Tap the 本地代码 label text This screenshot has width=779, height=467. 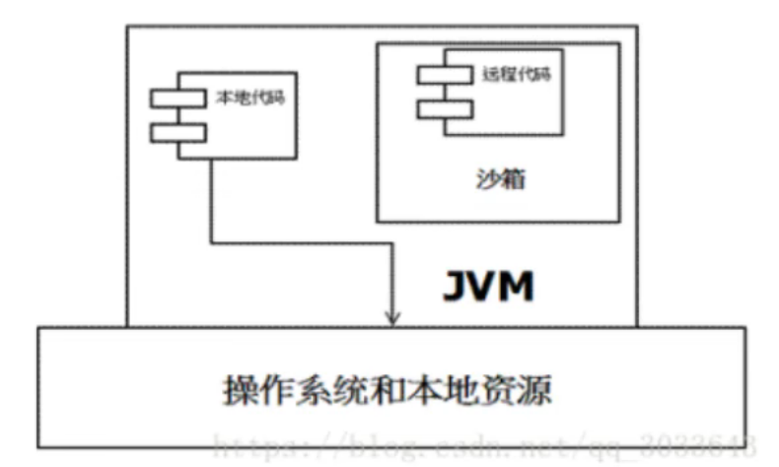click(245, 98)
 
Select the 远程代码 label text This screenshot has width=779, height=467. click(510, 73)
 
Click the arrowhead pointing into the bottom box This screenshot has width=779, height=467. click(392, 316)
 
